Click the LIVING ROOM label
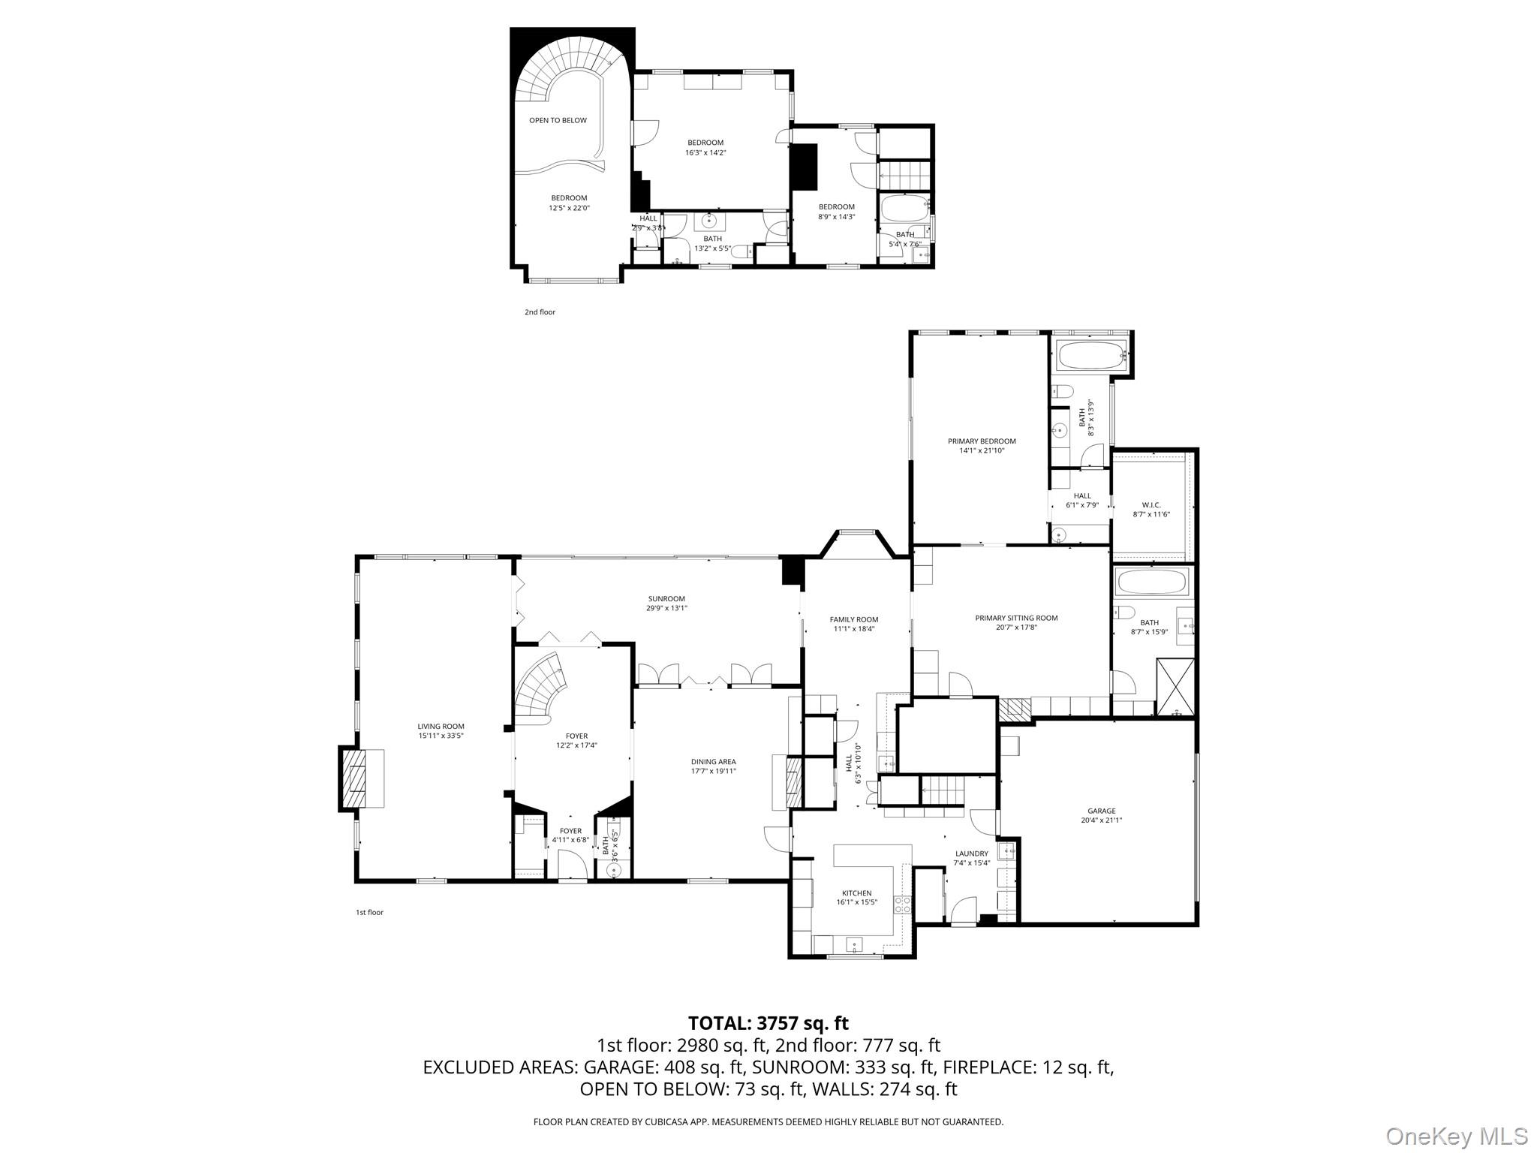[x=441, y=726]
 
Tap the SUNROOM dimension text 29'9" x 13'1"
[x=666, y=609]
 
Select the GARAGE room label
[x=1101, y=811]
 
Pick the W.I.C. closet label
[x=1150, y=504]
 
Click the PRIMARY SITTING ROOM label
[x=1016, y=618]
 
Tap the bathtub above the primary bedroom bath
[x=1090, y=355]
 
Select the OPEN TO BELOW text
[x=558, y=120]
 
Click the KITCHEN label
[x=856, y=893]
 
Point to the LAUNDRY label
[x=971, y=853]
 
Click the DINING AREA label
[x=713, y=761]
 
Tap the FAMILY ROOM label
[x=853, y=619]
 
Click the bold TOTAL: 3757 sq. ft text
[x=768, y=1023]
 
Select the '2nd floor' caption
[x=540, y=312]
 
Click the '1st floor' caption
[x=369, y=912]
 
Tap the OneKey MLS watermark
[x=1455, y=1136]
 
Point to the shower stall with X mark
[x=1175, y=687]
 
